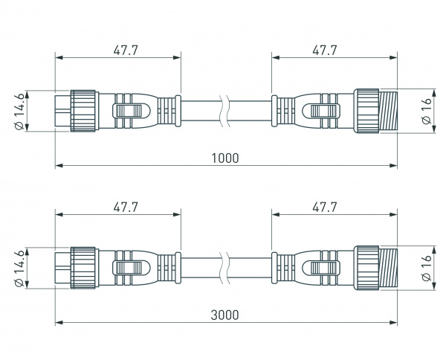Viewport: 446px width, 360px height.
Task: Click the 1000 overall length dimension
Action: click(x=224, y=158)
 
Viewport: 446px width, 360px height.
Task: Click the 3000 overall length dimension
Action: click(x=224, y=315)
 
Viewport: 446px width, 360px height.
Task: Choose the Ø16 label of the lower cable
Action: click(x=426, y=269)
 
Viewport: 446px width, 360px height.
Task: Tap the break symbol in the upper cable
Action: click(x=226, y=111)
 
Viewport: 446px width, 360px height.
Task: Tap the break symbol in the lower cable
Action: click(x=226, y=268)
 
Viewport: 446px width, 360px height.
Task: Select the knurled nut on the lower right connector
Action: click(x=366, y=268)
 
